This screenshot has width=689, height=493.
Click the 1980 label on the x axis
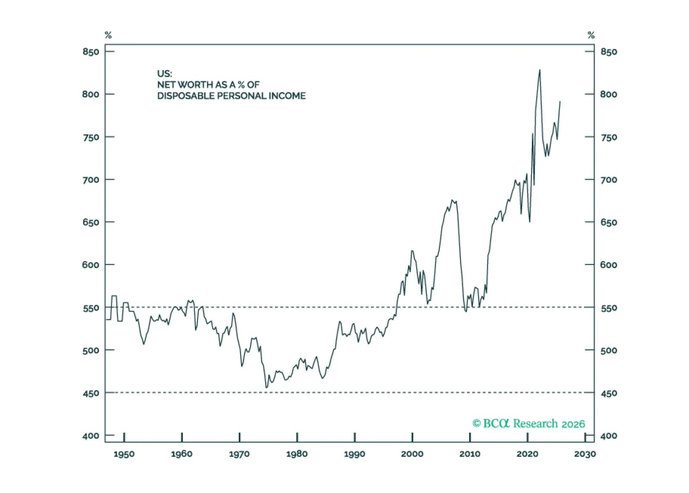[297, 454]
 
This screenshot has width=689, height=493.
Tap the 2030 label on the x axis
[585, 454]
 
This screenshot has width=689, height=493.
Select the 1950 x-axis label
[124, 454]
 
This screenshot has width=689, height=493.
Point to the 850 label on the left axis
[91, 52]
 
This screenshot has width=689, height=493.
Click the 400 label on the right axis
[608, 436]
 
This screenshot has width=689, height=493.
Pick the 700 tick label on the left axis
[91, 180]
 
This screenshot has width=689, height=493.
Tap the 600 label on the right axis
[608, 265]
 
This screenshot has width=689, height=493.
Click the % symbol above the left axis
[108, 35]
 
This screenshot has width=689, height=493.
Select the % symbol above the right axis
[591, 35]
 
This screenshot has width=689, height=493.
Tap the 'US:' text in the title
[164, 74]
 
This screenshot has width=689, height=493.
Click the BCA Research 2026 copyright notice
[529, 424]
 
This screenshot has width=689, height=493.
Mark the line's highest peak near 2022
[540, 70]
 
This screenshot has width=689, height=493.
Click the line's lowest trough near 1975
[266, 388]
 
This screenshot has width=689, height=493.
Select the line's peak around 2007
[452, 200]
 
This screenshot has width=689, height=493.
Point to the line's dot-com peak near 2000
[412, 250]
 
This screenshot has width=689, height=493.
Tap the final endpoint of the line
[560, 102]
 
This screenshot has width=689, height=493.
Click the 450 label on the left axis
[91, 393]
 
